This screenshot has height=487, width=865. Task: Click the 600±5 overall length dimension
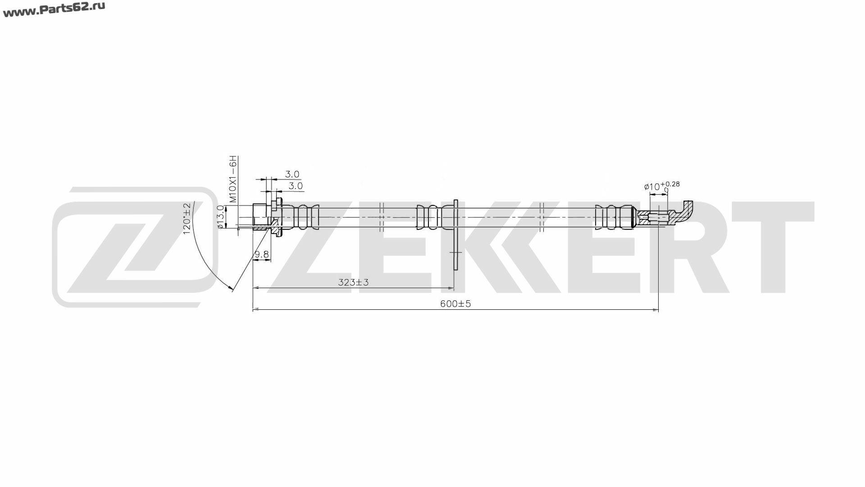[x=455, y=304]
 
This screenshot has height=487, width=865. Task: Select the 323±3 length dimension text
[x=354, y=283]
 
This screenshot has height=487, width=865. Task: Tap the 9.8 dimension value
[x=262, y=255]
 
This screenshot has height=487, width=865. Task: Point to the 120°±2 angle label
[x=187, y=218]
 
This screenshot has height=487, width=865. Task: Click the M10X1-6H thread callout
[x=232, y=179]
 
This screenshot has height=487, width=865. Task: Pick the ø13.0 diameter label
[x=221, y=217]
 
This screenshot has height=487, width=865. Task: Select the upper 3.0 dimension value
[x=292, y=174]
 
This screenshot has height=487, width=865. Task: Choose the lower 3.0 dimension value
[x=296, y=186]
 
